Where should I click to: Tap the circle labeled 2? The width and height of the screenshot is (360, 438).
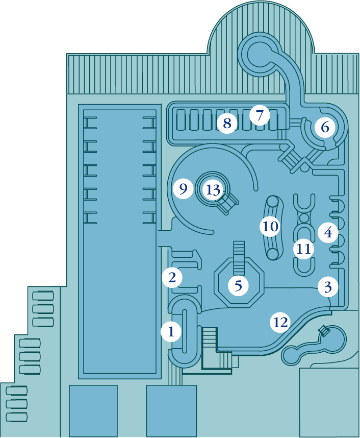point(172,278)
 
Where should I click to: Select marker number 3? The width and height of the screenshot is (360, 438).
point(328,287)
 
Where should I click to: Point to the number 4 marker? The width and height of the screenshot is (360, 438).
point(328,233)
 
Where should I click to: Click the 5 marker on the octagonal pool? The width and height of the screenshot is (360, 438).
point(238,285)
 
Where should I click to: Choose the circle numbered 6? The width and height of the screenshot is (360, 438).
point(325,127)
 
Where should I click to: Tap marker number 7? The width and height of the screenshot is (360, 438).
point(260,115)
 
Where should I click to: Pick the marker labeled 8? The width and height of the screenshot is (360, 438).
point(227,123)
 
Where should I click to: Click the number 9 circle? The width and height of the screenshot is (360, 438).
point(183,189)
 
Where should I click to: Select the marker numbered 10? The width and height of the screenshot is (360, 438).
point(270,226)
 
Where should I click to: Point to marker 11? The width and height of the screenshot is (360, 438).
point(304,249)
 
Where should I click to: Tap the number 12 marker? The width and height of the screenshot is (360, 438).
point(280,322)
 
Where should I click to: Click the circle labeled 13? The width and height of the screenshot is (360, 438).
point(213,190)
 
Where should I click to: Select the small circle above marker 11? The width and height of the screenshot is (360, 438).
point(304,218)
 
